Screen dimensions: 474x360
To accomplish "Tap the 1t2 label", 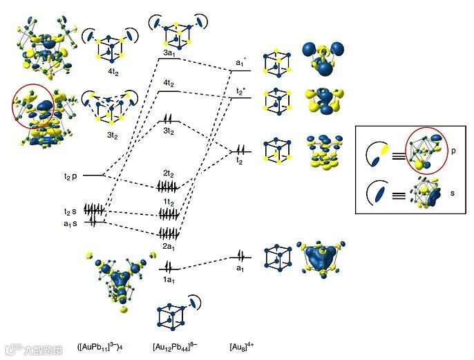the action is click(169, 201).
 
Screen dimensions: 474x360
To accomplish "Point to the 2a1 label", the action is click(169, 245).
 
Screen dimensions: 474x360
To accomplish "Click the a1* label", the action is click(241, 63).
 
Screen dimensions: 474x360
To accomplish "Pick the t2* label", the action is click(240, 91).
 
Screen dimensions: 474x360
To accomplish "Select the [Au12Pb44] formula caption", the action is click(174, 345).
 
